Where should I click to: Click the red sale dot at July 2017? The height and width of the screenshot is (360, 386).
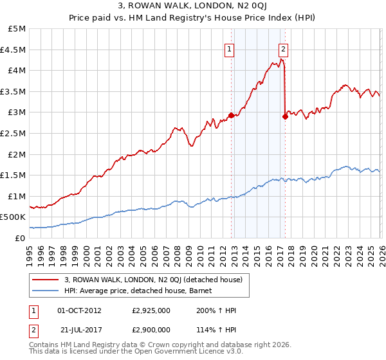point(284,116)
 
